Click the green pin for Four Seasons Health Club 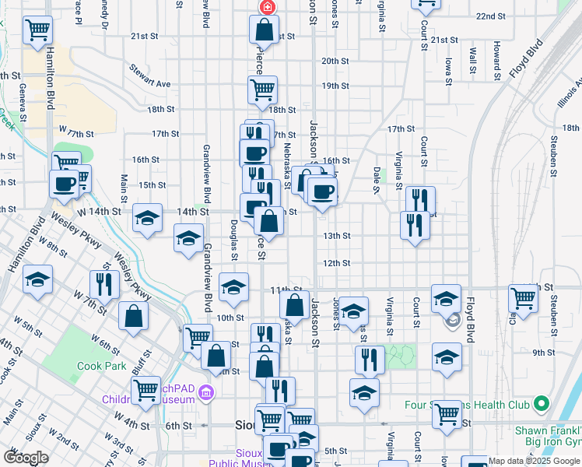(543, 404)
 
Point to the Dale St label (377, 175)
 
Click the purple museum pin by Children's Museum (205, 392)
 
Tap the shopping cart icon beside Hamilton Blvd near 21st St (37, 30)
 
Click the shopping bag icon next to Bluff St (134, 317)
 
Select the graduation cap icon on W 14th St (146, 219)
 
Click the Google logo (26, 458)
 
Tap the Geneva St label (23, 97)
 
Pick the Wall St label (473, 61)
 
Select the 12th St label (337, 263)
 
